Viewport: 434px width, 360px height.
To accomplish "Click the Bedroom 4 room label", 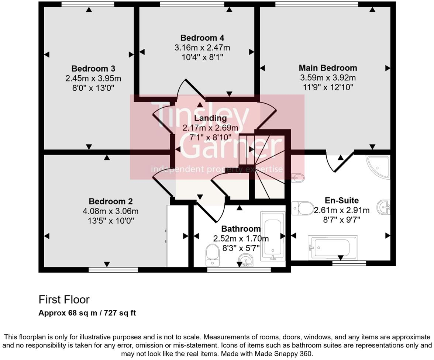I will (x=202, y=38).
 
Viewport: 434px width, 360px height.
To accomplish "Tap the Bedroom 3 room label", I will (x=93, y=69).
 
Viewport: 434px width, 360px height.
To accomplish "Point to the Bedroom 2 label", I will (x=110, y=201).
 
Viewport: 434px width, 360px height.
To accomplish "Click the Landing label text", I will (x=210, y=118).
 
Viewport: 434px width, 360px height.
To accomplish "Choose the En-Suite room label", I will (x=341, y=200).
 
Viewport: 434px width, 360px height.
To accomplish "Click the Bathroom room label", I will (x=241, y=229).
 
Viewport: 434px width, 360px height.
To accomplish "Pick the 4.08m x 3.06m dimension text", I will (x=110, y=211).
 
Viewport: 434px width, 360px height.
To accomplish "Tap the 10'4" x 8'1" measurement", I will (x=202, y=57).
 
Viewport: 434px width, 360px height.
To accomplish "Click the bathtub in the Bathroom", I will (x=273, y=236).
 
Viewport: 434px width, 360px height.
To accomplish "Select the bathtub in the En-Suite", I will (x=333, y=247).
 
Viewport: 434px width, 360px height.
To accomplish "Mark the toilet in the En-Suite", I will (x=302, y=208).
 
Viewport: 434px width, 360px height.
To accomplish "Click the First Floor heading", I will (x=64, y=299).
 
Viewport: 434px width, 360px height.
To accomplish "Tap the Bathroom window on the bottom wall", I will (x=239, y=270).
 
